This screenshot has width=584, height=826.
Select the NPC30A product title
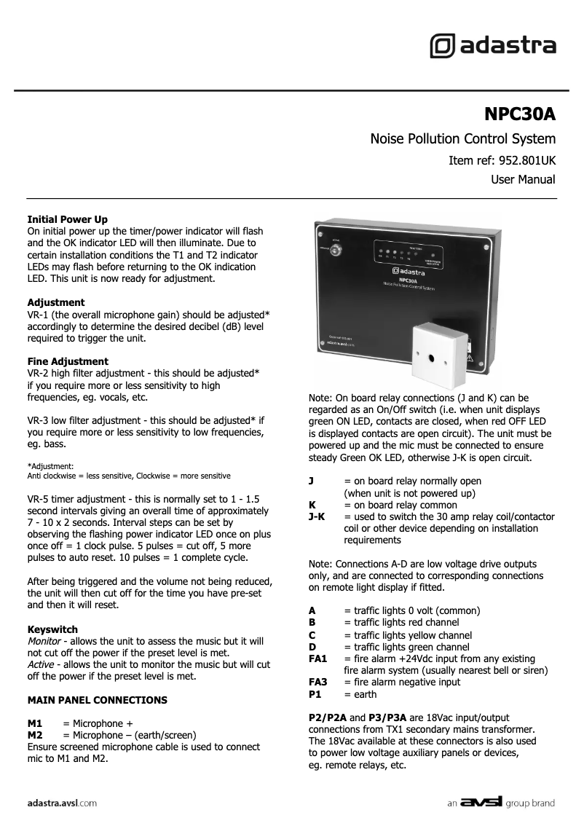519,114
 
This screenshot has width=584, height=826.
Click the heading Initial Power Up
67,219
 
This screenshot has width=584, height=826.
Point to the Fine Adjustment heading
68,361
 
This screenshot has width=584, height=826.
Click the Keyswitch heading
52,629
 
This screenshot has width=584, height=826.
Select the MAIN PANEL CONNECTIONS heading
97,700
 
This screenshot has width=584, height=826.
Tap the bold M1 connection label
34,724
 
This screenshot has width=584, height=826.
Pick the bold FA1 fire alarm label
318,658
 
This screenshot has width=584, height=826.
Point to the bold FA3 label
318,683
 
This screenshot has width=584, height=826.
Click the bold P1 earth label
315,695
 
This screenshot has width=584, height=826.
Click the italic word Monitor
44,641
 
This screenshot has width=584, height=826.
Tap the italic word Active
41,665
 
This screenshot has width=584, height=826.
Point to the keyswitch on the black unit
336,252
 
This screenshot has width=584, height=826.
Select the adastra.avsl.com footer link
62,803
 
